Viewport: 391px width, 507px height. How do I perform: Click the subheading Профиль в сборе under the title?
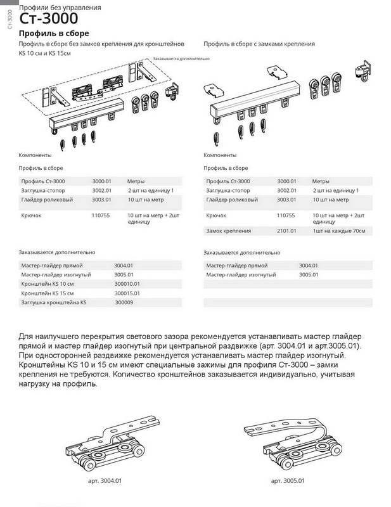point(54,33)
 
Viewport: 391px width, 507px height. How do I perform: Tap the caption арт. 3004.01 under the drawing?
point(105,481)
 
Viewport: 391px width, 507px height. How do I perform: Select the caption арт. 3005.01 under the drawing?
point(288,481)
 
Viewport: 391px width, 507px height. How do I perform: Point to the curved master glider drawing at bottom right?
point(288,443)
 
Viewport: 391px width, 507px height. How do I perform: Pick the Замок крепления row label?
point(229,231)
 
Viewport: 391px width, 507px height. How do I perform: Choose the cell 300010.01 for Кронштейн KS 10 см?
point(127,284)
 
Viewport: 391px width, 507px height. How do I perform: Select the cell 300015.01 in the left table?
point(127,293)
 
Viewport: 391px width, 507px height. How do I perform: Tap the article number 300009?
point(124,303)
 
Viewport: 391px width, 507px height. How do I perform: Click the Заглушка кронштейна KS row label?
point(53,303)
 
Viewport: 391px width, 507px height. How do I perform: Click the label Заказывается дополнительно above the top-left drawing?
point(181,58)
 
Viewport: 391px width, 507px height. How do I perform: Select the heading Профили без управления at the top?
point(50,7)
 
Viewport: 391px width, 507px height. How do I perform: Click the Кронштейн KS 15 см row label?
point(48,293)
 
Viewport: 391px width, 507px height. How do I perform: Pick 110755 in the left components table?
point(101,215)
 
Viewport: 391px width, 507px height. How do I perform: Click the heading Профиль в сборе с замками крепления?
point(259,44)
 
